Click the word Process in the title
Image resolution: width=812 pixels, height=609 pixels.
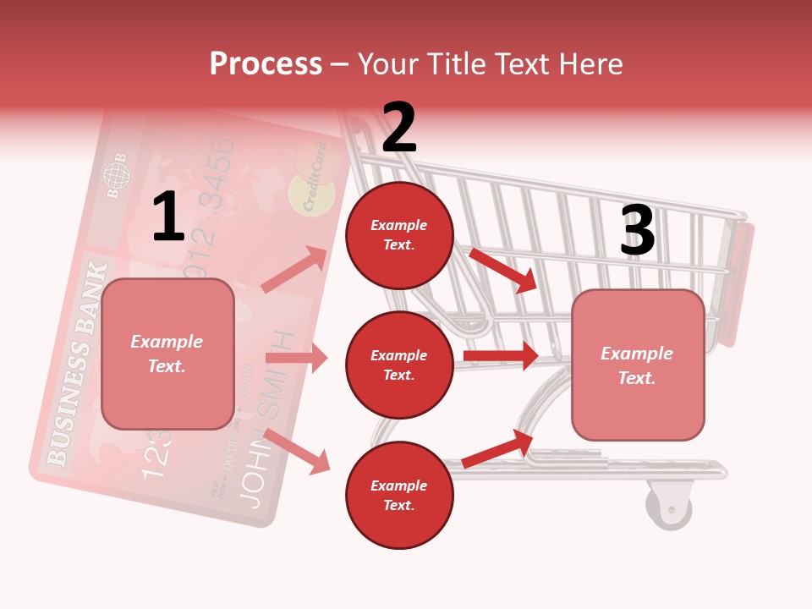tap(266, 64)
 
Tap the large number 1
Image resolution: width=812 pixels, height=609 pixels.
tap(168, 217)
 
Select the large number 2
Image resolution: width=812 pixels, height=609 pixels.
tap(399, 128)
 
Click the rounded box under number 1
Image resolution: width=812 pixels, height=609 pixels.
tap(167, 354)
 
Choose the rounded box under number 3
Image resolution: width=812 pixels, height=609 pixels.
tap(638, 365)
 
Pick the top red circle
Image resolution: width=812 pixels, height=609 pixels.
tap(399, 235)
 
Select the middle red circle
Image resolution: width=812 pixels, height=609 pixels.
tap(399, 365)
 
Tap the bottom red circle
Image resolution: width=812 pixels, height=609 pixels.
tap(399, 495)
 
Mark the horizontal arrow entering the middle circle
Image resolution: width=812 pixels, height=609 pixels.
tap(296, 358)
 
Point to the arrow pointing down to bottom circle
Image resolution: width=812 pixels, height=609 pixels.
tap(297, 451)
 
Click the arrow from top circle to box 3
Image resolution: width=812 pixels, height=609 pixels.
tap(503, 270)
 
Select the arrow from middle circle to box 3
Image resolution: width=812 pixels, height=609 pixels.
tap(501, 355)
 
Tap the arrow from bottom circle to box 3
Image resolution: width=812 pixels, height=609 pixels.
tap(497, 448)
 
